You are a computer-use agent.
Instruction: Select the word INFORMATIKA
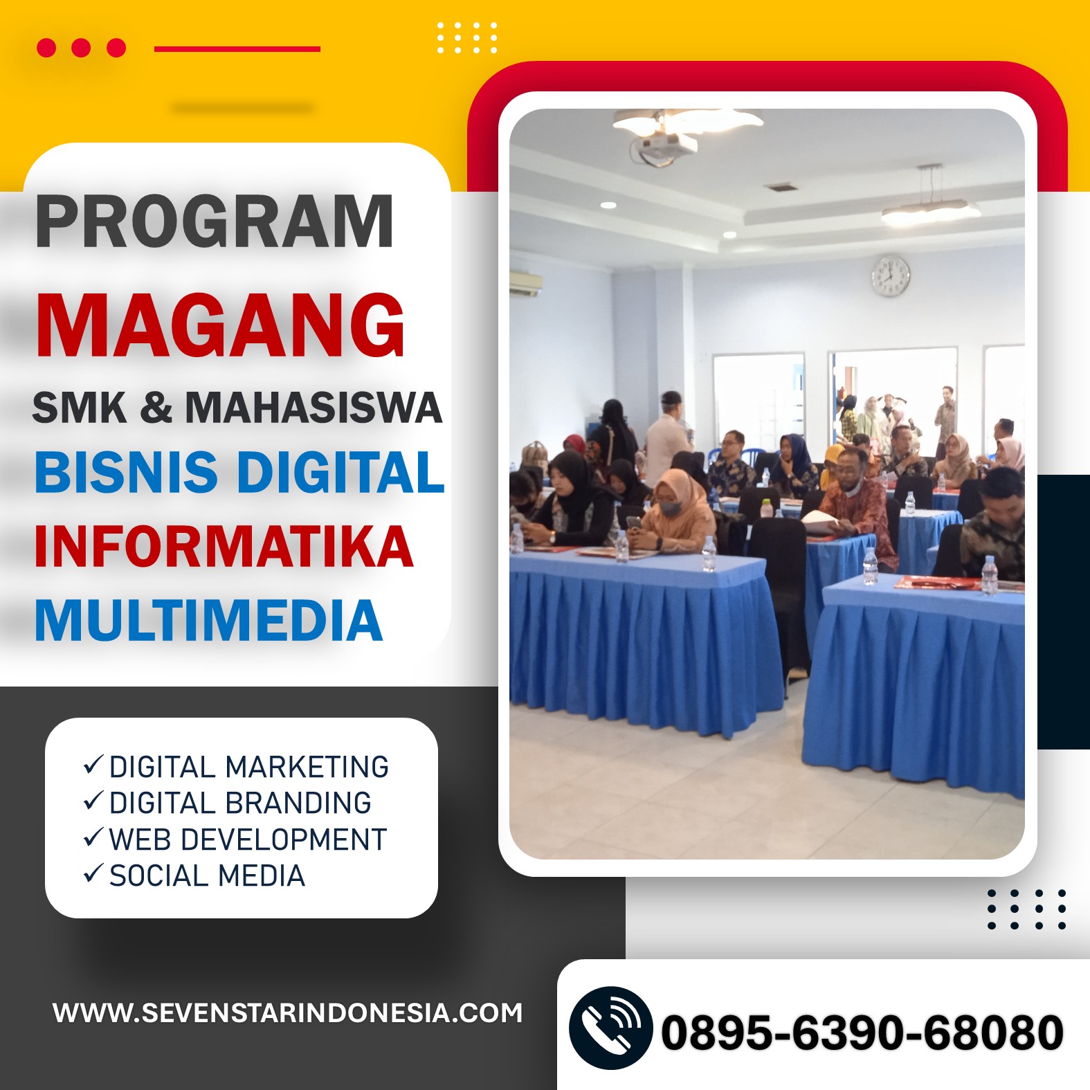coord(224,546)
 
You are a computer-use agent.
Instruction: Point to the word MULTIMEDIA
coord(208,620)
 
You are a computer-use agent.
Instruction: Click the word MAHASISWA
coord(314,407)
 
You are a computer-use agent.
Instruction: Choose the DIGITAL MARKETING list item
coord(235,767)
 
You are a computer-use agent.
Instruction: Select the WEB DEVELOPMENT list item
coord(235,839)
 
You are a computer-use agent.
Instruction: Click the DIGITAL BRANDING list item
coord(227,803)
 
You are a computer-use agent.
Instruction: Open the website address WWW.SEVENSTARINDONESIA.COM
coord(288,1013)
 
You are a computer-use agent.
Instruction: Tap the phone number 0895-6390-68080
coord(862,1033)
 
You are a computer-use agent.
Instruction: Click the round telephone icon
coord(610,1028)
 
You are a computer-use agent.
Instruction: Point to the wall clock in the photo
coord(891,275)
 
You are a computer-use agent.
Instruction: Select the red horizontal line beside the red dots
coord(237,48)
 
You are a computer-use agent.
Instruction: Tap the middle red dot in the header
coord(81,48)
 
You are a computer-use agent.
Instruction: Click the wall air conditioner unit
coord(525,282)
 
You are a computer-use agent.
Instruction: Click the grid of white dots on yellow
coord(467,37)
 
